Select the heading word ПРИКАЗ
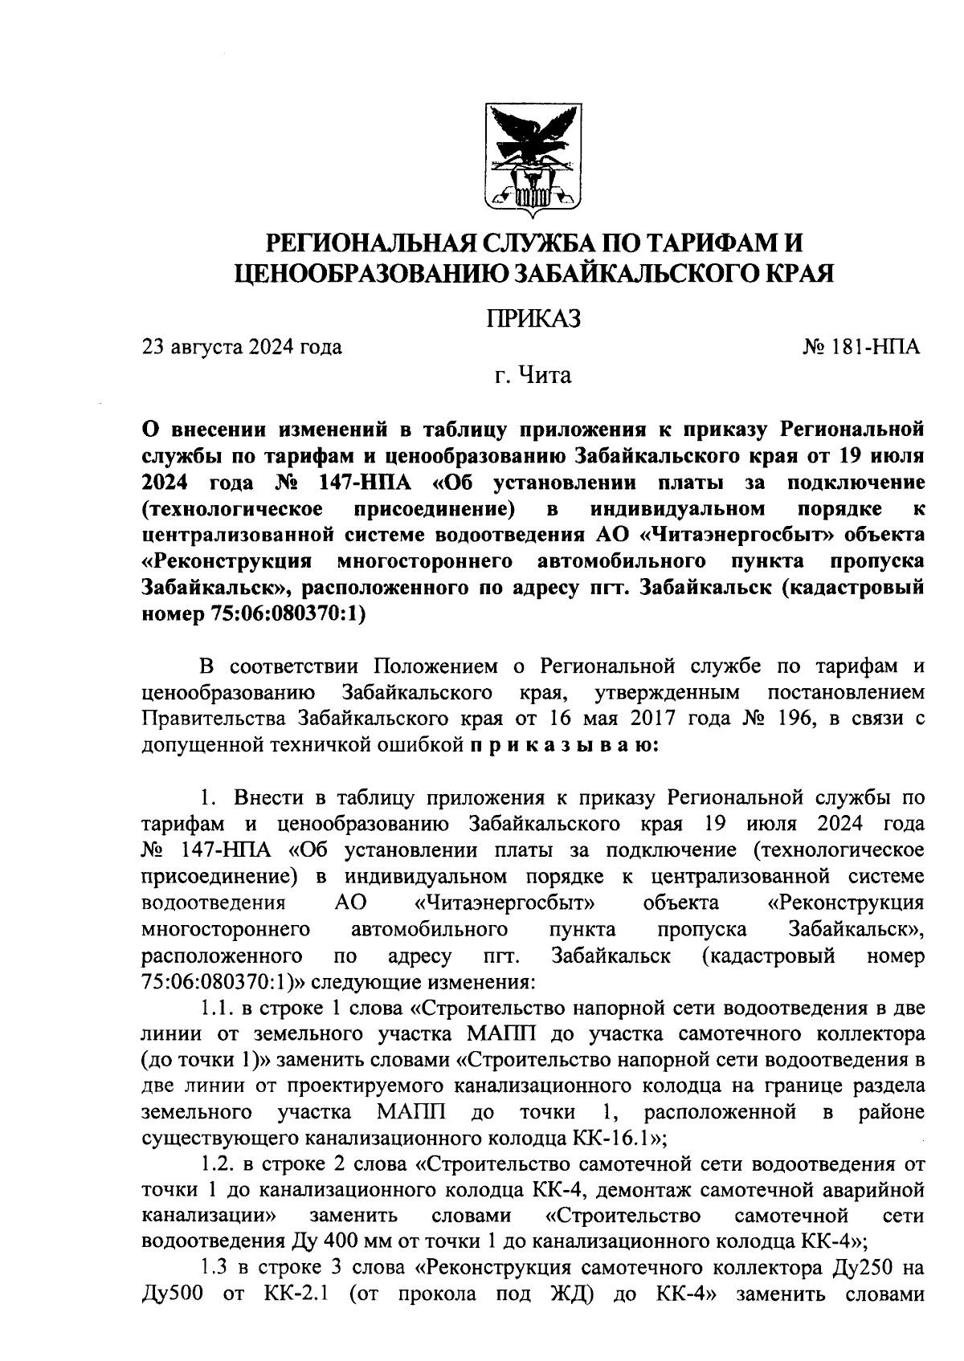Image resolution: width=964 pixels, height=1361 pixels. tap(533, 318)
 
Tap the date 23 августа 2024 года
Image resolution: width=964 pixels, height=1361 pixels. tap(242, 347)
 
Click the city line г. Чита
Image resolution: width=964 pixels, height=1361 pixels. tap(533, 375)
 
